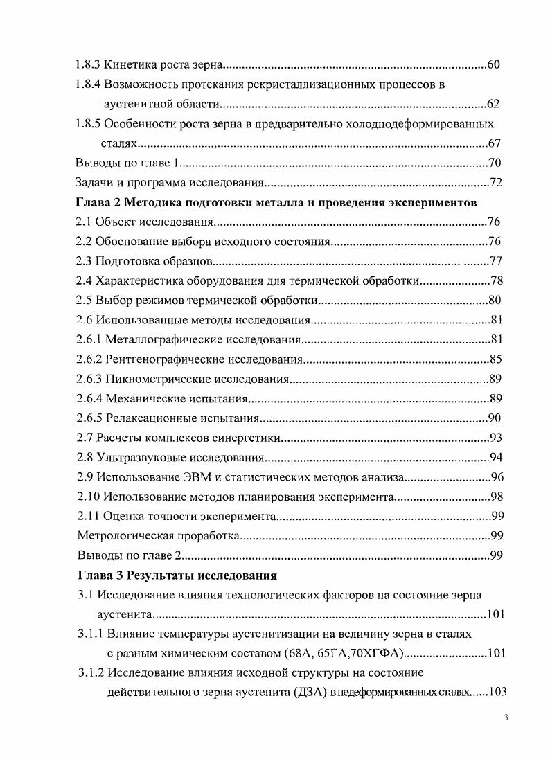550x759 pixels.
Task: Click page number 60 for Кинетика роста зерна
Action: click(x=494, y=64)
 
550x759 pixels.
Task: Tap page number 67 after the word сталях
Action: click(x=494, y=143)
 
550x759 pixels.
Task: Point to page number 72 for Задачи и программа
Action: click(x=494, y=184)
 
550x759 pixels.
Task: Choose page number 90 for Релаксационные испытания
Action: click(x=494, y=419)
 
